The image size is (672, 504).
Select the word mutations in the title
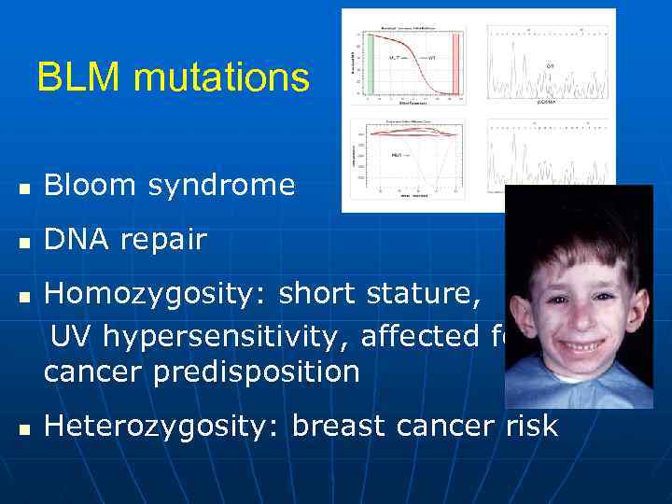click(221, 77)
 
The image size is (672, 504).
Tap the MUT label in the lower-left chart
click(397, 154)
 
